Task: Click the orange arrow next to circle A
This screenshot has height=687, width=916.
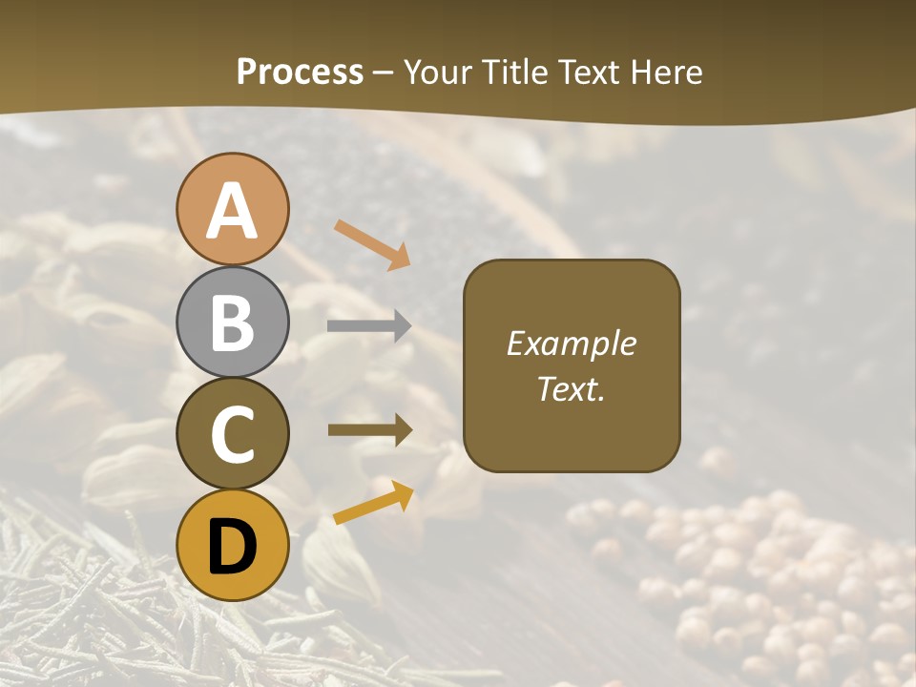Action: (372, 244)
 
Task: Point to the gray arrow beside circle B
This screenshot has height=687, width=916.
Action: (369, 326)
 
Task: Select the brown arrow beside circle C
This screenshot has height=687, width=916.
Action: (370, 430)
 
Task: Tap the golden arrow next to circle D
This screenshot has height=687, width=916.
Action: (373, 503)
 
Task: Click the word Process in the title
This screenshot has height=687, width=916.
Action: (300, 72)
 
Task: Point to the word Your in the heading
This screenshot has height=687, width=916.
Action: (437, 72)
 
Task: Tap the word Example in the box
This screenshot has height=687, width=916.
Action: (572, 343)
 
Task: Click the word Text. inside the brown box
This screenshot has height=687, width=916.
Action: (572, 388)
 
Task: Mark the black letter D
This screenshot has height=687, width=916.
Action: (232, 548)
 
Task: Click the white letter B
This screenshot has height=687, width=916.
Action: (232, 323)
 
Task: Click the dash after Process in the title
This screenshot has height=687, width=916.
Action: (384, 73)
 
